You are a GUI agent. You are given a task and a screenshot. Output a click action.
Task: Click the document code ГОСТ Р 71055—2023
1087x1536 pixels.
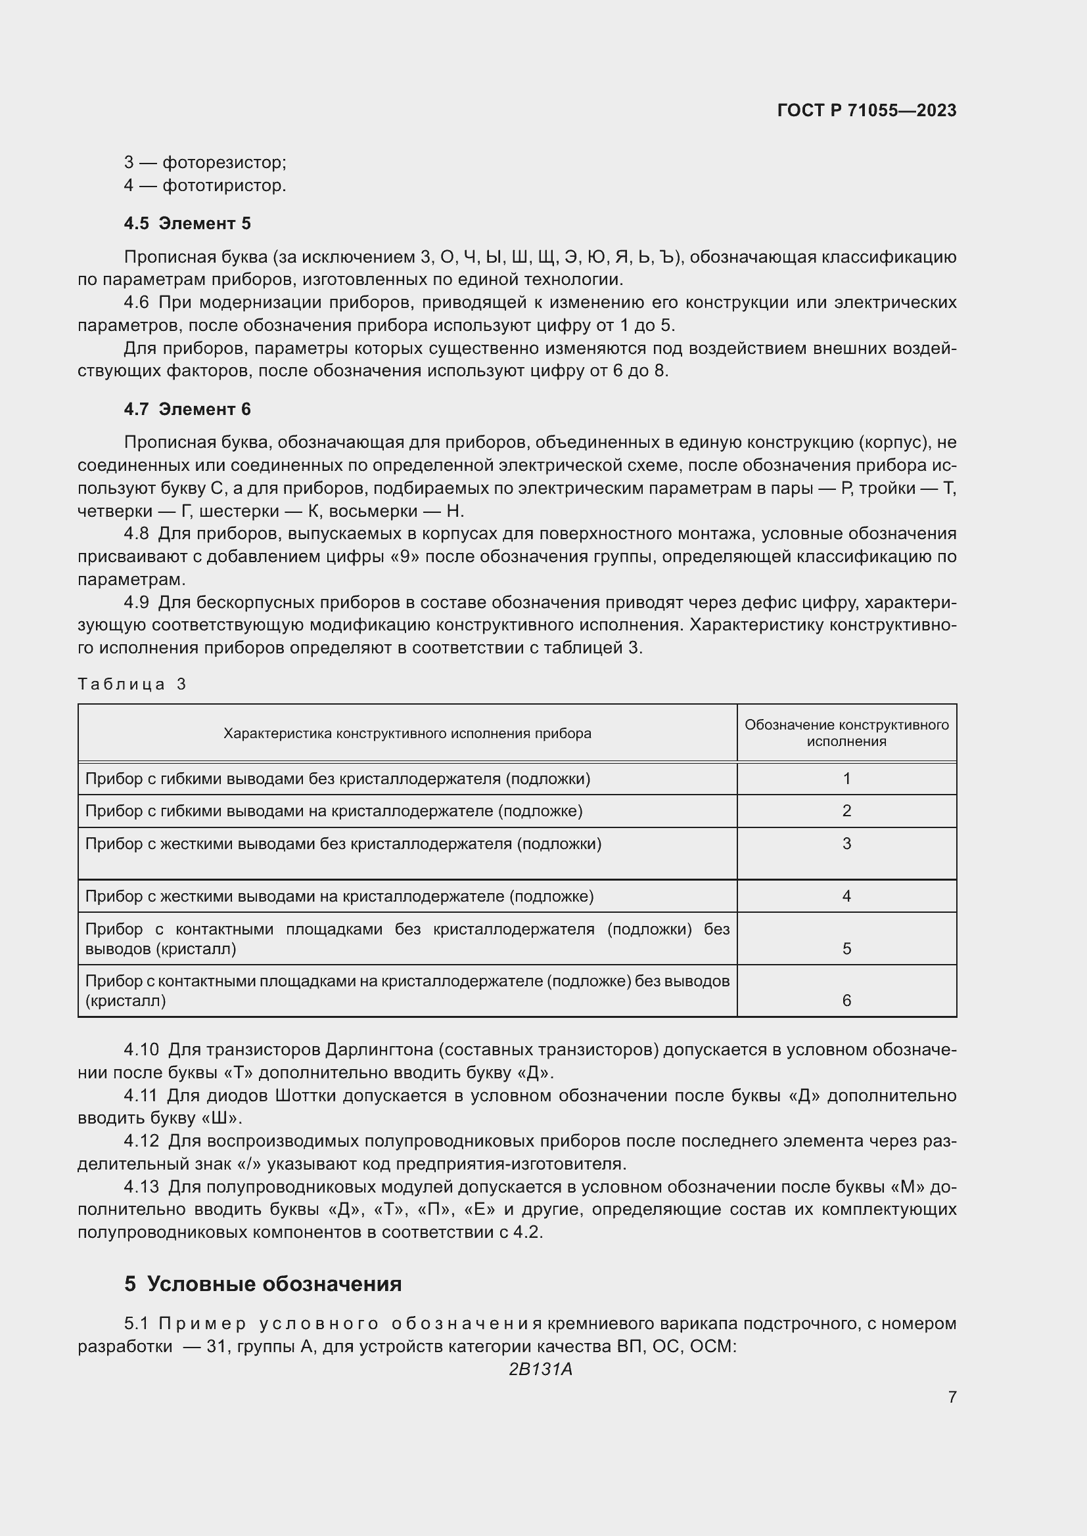866,110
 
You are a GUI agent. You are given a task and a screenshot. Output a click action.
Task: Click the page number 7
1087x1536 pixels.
952,1397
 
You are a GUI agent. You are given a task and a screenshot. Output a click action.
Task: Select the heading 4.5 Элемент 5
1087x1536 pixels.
187,223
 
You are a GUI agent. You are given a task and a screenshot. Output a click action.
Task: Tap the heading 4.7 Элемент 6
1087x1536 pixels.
187,408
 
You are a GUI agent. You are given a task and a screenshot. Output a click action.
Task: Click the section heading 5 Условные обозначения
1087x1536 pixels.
262,1284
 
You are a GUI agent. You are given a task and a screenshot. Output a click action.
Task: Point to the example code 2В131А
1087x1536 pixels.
540,1369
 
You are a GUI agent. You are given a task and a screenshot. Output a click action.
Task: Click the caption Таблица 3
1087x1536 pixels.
132,684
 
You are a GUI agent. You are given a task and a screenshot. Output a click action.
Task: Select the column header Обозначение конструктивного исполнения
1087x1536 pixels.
846,733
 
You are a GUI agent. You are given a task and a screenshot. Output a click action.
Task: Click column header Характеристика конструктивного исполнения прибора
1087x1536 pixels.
407,734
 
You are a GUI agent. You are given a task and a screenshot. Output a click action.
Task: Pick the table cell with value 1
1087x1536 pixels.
846,778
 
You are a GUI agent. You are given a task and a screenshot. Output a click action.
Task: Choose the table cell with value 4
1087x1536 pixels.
846,896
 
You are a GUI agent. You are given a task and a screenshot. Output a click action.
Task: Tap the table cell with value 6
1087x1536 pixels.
846,1000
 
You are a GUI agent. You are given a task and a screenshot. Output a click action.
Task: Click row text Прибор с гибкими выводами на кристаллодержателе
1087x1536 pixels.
333,811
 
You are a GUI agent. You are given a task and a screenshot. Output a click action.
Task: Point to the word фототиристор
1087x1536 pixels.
223,185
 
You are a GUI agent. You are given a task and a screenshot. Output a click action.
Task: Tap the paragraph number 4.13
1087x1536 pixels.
141,1187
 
